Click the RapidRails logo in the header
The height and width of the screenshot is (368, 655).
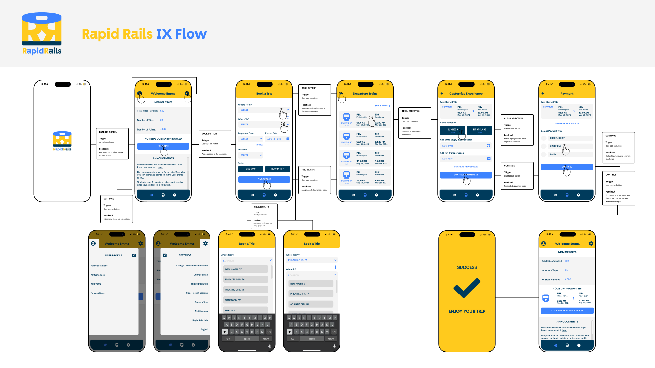pos(42,33)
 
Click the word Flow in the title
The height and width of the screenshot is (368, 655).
pos(191,34)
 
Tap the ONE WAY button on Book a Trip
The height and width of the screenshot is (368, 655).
pos(250,169)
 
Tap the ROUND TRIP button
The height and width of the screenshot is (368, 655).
pos(277,169)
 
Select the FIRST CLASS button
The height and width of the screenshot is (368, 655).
pos(479,130)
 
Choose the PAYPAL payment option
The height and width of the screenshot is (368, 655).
pos(554,154)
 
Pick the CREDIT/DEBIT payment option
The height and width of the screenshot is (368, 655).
pos(557,138)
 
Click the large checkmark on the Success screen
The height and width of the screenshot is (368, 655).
pos(467,288)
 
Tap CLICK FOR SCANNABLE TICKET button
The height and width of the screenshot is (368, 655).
pos(567,311)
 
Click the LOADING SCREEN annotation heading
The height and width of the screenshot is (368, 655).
pos(108,132)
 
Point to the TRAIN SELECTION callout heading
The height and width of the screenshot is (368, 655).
pos(411,111)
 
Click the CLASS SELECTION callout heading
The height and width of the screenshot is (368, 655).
pos(513,118)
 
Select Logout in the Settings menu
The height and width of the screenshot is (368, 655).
pos(204,329)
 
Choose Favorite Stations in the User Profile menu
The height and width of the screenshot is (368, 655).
pos(99,266)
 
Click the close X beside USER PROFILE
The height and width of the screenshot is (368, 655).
pos(134,255)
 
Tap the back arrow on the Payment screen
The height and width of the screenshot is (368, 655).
pos(543,93)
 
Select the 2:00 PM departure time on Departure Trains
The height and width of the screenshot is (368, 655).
pos(361,181)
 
